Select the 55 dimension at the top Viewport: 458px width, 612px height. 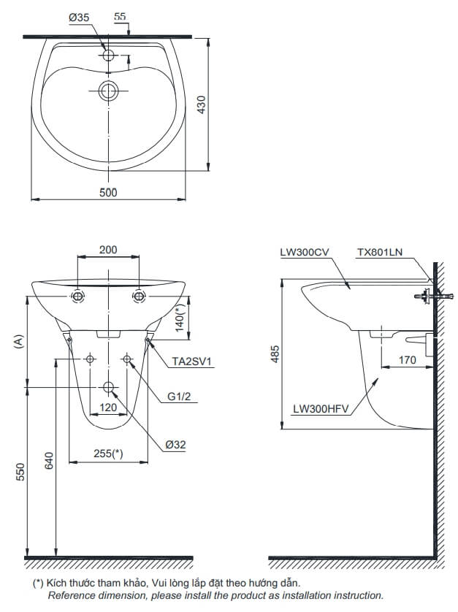pyautogui.click(x=121, y=16)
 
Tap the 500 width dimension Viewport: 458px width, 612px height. pyautogui.click(x=108, y=192)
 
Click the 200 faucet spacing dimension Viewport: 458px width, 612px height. pyautogui.click(x=108, y=250)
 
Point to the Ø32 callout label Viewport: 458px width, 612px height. pyautogui.click(x=175, y=445)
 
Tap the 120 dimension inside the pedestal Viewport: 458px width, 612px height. pyautogui.click(x=108, y=408)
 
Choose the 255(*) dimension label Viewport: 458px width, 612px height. pyautogui.click(x=107, y=454)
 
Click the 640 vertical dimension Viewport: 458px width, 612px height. pyautogui.click(x=49, y=462)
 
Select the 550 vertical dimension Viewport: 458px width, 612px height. pyautogui.click(x=21, y=472)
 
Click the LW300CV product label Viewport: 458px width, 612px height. pyautogui.click(x=305, y=252)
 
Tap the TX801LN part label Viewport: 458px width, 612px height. pyautogui.click(x=379, y=252)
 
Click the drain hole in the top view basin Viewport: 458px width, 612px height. pyautogui.click(x=109, y=91)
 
